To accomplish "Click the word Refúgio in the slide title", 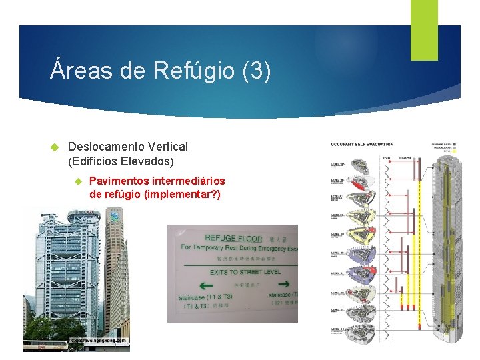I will [x=194, y=71].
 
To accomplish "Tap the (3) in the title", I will [x=257, y=71].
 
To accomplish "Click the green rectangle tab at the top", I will [x=423, y=29].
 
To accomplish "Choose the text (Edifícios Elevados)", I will [x=121, y=161].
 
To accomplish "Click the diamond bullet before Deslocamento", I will [x=55, y=147].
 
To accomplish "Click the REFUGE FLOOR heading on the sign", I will [x=233, y=238].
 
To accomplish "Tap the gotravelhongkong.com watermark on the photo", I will [x=97, y=340].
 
